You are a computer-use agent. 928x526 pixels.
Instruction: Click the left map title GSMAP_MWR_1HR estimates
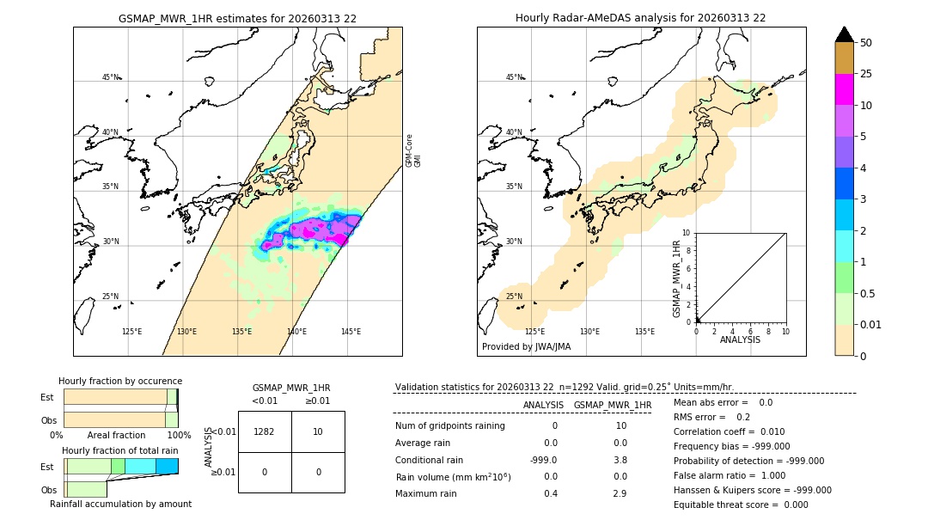(x=237, y=17)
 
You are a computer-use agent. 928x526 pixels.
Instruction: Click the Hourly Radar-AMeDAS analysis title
(x=641, y=17)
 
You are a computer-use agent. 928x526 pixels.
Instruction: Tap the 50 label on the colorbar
(x=866, y=43)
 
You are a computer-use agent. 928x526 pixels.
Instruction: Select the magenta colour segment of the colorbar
(x=845, y=89)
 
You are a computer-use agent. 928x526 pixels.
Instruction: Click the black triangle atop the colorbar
(x=845, y=34)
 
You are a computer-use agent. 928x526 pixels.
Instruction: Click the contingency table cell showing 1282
(x=265, y=431)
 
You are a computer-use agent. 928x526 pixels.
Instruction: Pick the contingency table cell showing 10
(x=318, y=431)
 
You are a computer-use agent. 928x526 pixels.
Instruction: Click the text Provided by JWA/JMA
(x=526, y=346)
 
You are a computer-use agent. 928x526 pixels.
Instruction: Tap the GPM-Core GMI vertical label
(x=413, y=150)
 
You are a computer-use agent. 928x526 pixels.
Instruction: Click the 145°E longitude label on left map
(x=351, y=332)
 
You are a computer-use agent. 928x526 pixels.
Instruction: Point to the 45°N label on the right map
(x=514, y=77)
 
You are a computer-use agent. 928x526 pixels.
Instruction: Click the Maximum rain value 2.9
(x=620, y=493)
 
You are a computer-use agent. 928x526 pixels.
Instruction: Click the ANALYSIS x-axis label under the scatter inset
(x=741, y=339)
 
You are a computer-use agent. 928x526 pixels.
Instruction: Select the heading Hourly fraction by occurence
(x=120, y=381)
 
